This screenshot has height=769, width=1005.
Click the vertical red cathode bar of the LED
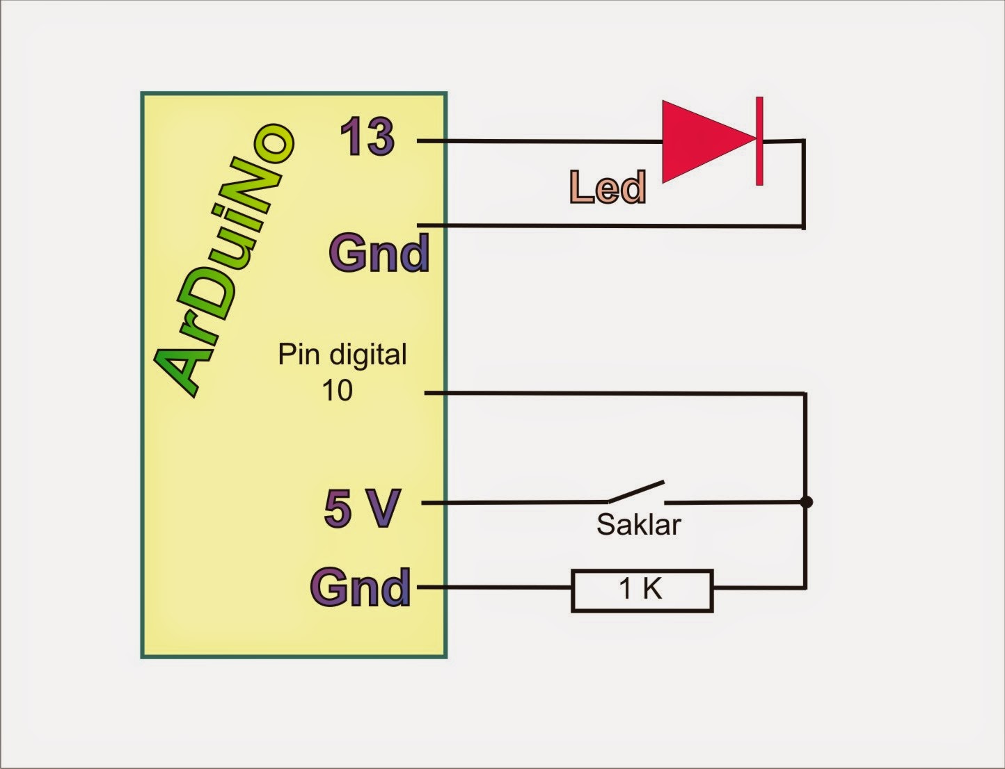(x=759, y=141)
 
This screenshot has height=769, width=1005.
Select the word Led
(x=608, y=188)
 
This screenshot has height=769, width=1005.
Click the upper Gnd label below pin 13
(x=379, y=252)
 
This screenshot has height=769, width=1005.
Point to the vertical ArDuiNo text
(x=223, y=257)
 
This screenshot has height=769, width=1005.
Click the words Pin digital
(x=342, y=355)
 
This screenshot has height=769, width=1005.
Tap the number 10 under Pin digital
(x=337, y=391)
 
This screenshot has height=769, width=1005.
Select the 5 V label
(x=362, y=508)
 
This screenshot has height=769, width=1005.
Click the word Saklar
(x=638, y=525)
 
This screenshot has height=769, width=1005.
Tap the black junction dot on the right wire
(x=806, y=502)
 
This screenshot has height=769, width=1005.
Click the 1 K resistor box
(x=642, y=590)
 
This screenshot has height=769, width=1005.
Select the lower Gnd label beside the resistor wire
(x=361, y=588)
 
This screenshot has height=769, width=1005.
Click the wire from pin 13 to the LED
(x=543, y=141)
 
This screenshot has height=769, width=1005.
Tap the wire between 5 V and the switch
(x=515, y=502)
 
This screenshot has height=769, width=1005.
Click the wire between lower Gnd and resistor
(x=494, y=588)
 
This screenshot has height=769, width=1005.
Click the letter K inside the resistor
(x=652, y=590)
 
